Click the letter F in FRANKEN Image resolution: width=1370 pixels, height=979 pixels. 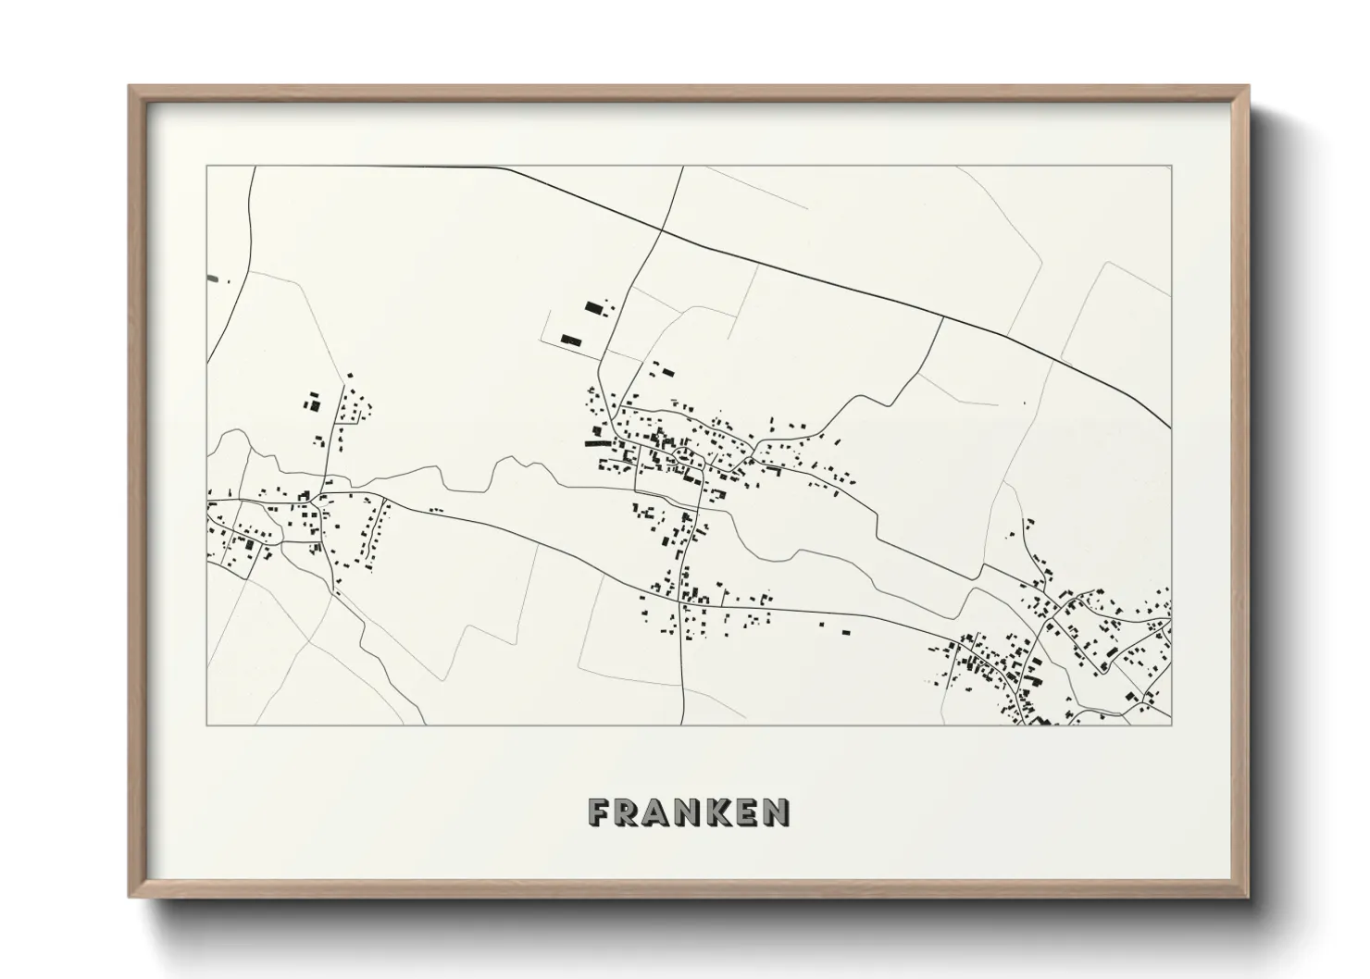click(x=599, y=812)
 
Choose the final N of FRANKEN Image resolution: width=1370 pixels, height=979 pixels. click(x=777, y=812)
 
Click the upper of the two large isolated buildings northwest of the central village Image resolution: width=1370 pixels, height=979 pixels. click(x=592, y=306)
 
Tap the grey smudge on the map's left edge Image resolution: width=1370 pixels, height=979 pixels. click(x=213, y=277)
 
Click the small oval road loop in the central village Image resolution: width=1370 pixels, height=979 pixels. click(x=684, y=454)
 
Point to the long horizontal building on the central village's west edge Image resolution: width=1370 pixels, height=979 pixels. click(x=600, y=444)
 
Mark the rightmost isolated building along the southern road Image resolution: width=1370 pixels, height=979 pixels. click(x=844, y=632)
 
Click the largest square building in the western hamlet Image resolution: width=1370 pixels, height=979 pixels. click(x=313, y=403)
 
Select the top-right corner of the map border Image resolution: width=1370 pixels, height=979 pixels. click(x=1171, y=167)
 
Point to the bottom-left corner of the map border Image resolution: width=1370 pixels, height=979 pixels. click(x=207, y=725)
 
